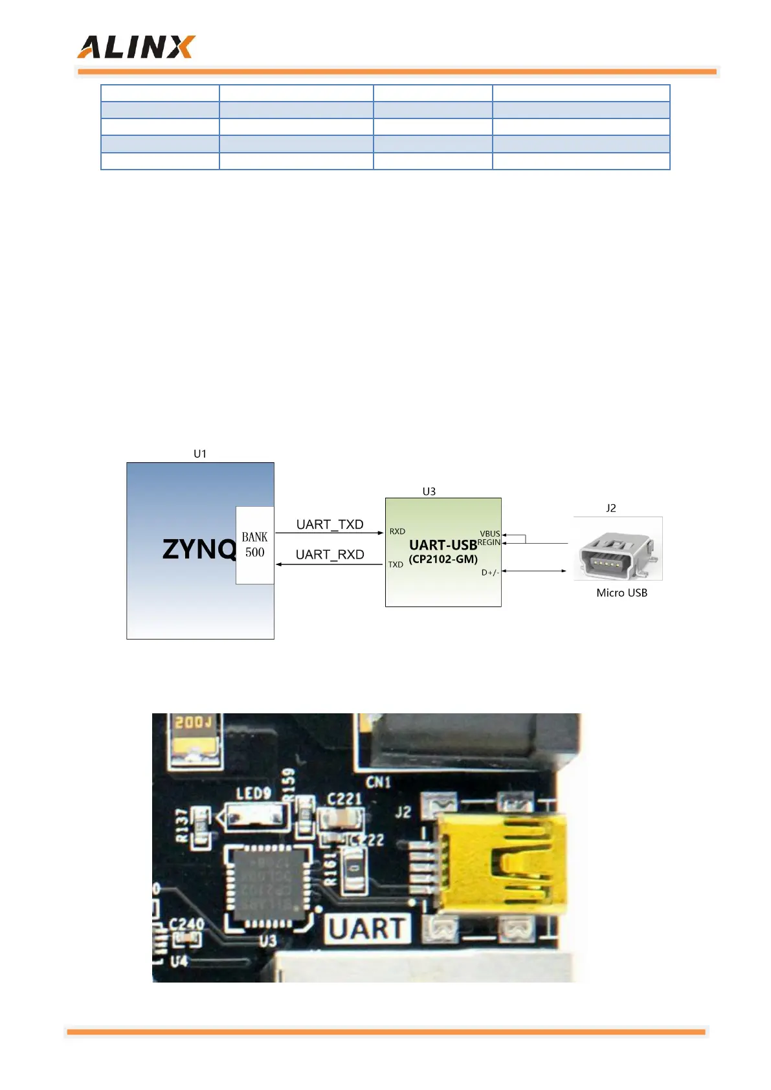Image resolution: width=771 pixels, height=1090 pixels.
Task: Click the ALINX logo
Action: tap(136, 47)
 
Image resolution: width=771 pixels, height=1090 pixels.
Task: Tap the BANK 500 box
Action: tap(254, 545)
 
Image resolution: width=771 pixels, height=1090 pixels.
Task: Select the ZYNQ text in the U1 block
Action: tap(199, 550)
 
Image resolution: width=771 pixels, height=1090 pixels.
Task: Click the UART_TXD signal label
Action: tap(330, 524)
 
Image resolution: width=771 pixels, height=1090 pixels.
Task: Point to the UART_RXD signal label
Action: tap(330, 555)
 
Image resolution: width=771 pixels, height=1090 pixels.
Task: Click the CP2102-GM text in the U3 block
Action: tap(443, 559)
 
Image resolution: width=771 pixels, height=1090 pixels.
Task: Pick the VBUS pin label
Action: tap(489, 534)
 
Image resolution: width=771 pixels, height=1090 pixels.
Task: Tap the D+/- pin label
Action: tap(490, 572)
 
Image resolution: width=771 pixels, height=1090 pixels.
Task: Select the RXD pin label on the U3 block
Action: tap(397, 531)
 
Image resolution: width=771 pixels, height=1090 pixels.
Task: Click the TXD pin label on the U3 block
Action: tap(396, 564)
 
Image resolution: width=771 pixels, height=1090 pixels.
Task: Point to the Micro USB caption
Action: tap(621, 593)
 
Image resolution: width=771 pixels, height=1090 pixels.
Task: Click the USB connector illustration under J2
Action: tap(618, 549)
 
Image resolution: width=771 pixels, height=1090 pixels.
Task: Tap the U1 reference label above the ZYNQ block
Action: tap(200, 454)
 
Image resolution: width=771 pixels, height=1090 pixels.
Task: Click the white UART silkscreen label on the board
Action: tap(368, 929)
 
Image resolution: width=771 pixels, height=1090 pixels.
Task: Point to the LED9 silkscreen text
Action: tap(253, 793)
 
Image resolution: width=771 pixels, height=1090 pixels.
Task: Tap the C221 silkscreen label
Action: tap(344, 799)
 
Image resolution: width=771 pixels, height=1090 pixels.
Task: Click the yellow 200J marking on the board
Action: tap(192, 722)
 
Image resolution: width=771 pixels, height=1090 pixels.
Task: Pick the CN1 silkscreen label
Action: tap(378, 783)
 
